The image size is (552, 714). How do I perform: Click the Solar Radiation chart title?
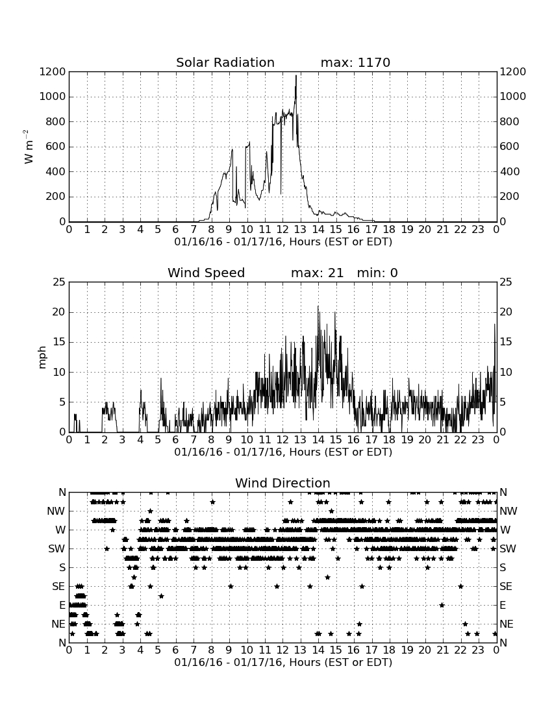(225, 62)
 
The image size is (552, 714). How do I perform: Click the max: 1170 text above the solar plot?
(355, 62)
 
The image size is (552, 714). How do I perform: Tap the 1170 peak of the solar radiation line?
(296, 76)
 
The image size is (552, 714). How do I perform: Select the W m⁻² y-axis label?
(28, 147)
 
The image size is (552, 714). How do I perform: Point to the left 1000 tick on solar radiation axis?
(53, 97)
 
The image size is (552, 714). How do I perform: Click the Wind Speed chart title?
(206, 273)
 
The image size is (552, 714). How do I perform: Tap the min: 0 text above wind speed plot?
(377, 273)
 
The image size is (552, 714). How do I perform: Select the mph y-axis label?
(42, 358)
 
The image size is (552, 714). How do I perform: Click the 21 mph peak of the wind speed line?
(318, 306)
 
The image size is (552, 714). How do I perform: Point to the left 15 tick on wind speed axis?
(60, 342)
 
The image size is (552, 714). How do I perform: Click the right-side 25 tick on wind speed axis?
(506, 282)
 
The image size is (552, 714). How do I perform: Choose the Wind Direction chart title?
(282, 483)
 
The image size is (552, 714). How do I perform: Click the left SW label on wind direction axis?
(56, 549)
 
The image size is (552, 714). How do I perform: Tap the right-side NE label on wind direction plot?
(507, 624)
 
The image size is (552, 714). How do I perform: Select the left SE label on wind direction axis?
(58, 587)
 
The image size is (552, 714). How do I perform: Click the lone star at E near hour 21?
(442, 605)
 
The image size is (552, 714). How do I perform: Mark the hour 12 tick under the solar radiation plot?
(282, 229)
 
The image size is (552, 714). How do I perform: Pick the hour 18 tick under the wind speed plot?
(389, 439)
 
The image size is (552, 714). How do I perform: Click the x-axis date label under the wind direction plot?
(283, 662)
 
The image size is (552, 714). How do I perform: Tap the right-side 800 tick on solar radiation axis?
(509, 121)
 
